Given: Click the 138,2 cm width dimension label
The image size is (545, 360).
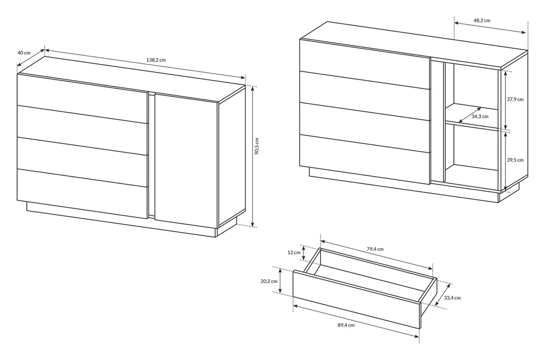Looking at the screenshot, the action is (156, 60).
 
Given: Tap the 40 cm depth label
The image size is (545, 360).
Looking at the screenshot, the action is (24, 53).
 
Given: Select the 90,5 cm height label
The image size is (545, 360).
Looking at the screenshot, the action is (257, 146).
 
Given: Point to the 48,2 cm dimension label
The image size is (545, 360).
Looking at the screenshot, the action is (482, 20).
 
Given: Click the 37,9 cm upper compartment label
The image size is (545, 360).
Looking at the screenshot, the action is (515, 100).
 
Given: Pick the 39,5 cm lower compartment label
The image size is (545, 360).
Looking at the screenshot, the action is (515, 160).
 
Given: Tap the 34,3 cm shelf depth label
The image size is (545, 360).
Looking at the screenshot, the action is (480, 116).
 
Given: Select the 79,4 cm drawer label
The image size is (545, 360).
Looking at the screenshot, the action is (375, 249).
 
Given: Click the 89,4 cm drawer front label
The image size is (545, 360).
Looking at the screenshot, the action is (346, 325).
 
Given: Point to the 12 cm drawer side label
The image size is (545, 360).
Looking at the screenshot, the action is (294, 253).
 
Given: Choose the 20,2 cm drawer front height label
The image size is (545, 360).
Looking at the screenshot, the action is (269, 281).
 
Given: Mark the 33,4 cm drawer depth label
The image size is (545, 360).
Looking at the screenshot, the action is (452, 298).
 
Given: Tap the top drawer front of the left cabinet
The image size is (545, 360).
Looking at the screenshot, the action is (83, 99).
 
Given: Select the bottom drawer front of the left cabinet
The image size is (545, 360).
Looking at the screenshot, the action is (83, 194).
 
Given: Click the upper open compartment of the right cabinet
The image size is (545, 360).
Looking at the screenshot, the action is (472, 93).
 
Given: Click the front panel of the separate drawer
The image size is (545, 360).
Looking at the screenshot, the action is (357, 300).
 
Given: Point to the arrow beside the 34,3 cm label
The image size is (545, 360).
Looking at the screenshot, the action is (470, 115).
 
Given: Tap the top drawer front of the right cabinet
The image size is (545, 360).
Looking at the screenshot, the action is (365, 64).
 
